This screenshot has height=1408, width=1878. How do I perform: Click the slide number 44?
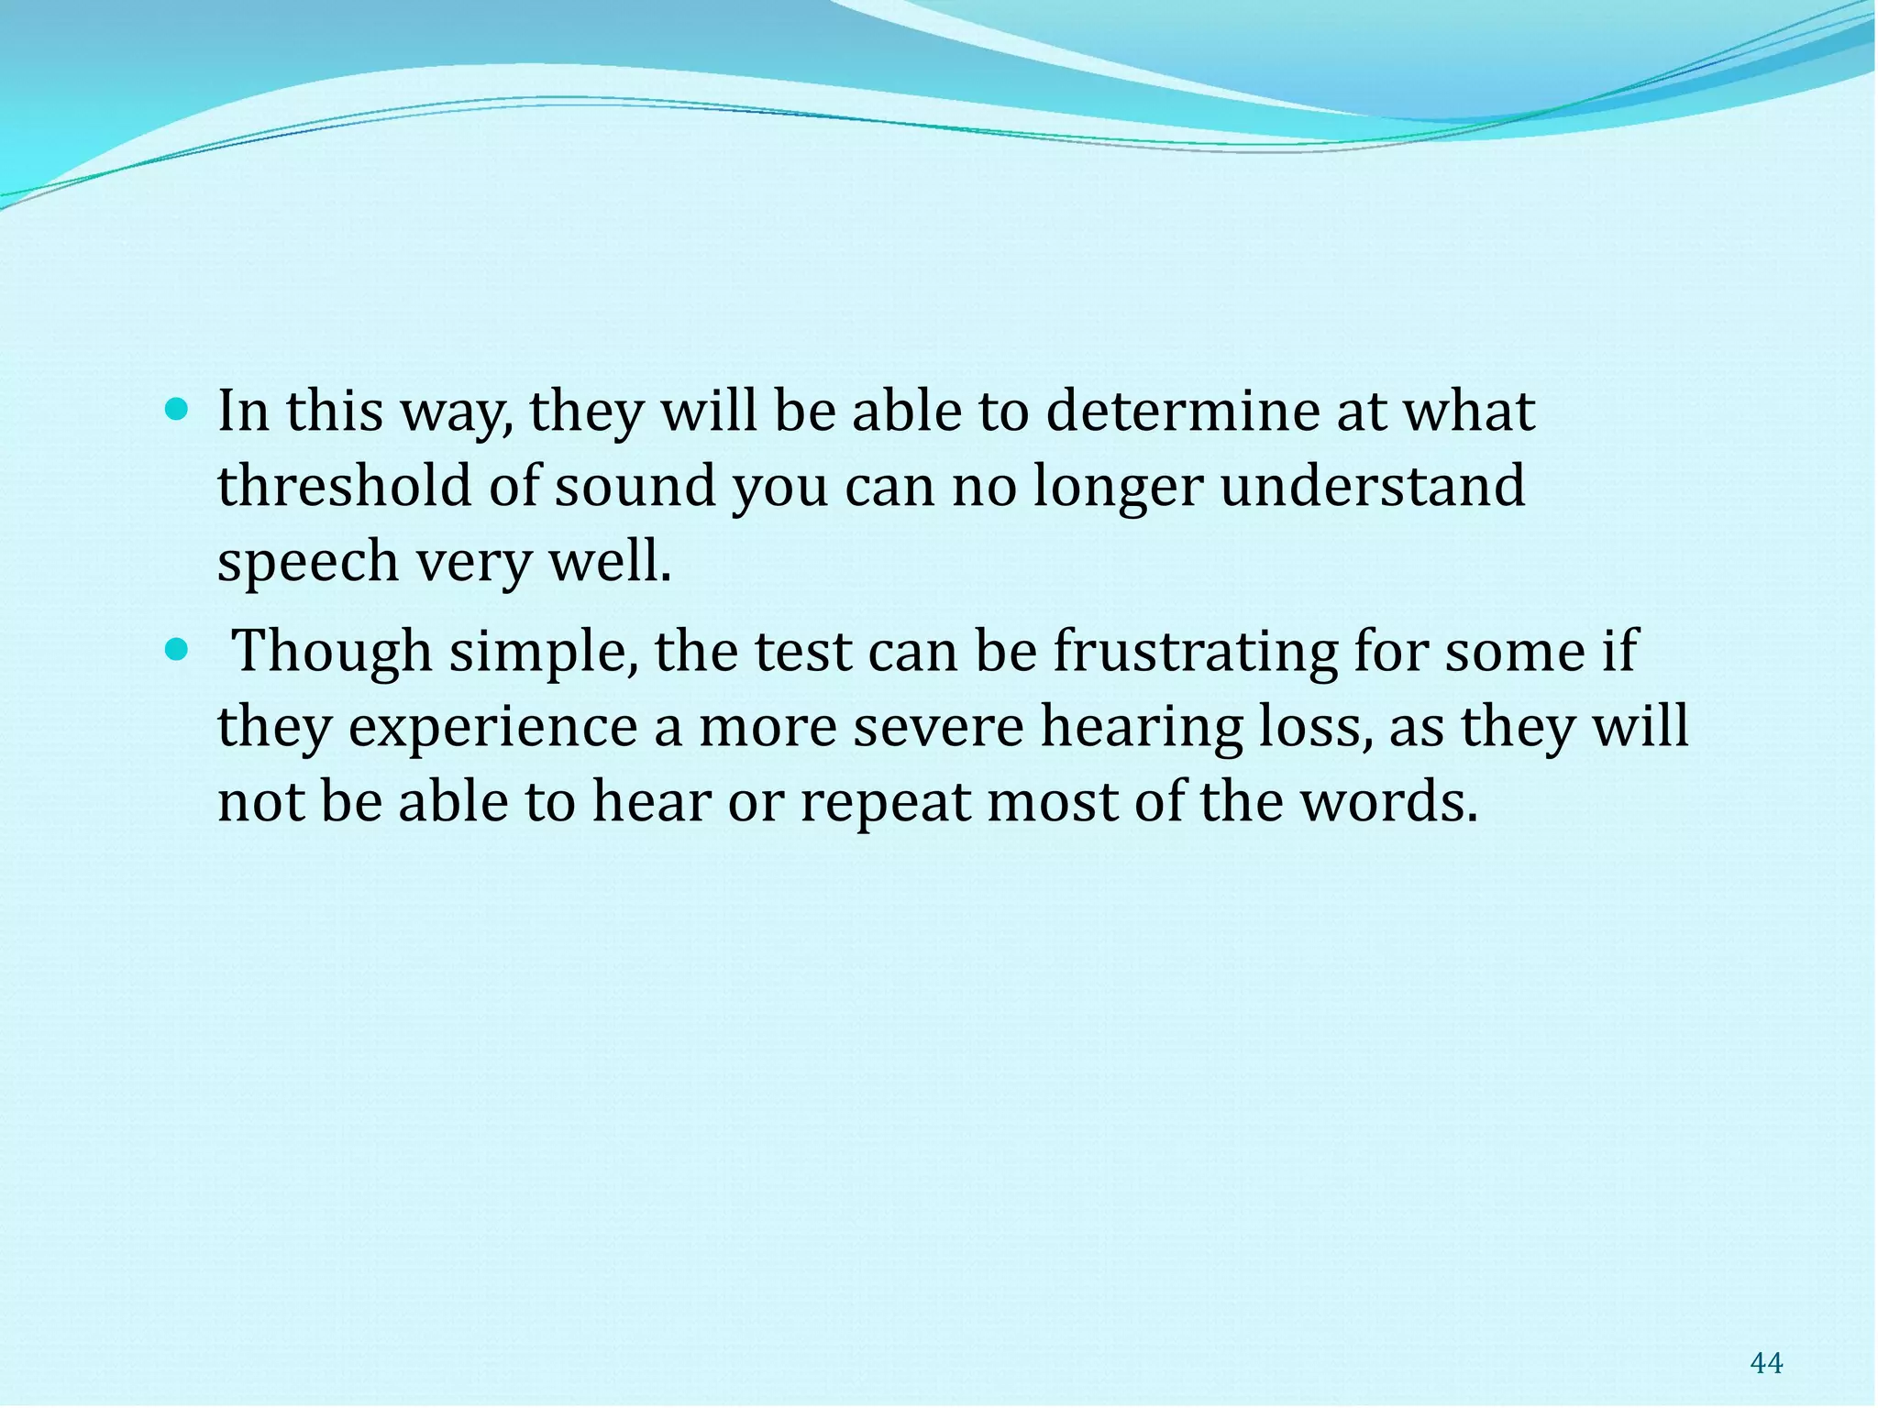pyautogui.click(x=1766, y=1363)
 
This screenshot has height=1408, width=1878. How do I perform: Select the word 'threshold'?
pyautogui.click(x=344, y=486)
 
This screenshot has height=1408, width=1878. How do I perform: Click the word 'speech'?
pyautogui.click(x=307, y=562)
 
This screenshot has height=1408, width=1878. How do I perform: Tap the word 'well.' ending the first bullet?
pyautogui.click(x=611, y=562)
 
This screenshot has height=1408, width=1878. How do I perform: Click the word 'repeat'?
pyautogui.click(x=885, y=802)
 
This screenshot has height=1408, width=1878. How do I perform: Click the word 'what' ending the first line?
pyautogui.click(x=1470, y=412)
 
